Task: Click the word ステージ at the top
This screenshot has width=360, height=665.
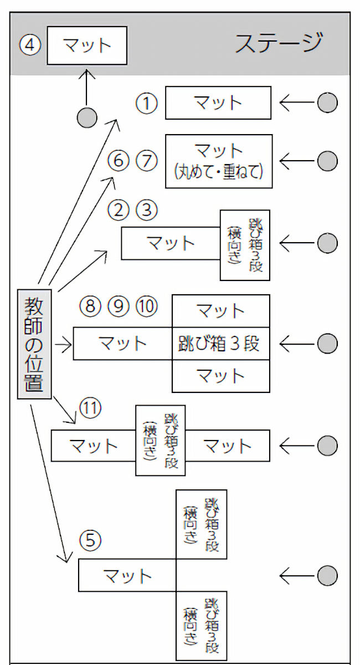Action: pyautogui.click(x=279, y=43)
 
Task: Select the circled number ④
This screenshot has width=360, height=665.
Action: pyautogui.click(x=30, y=44)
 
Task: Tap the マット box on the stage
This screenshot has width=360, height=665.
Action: pyautogui.click(x=87, y=45)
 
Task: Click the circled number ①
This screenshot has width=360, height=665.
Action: pyautogui.click(x=147, y=103)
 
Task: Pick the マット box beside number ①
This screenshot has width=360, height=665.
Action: pyautogui.click(x=218, y=103)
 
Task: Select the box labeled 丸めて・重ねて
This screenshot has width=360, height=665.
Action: pyautogui.click(x=219, y=161)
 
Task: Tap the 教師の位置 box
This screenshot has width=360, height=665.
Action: pyautogui.click(x=34, y=344)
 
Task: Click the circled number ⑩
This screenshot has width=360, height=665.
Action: pyautogui.click(x=147, y=305)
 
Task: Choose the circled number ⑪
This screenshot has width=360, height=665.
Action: pyautogui.click(x=90, y=409)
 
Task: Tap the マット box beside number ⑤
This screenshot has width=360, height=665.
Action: pyautogui.click(x=127, y=575)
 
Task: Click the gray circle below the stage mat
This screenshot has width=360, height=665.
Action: pyautogui.click(x=86, y=117)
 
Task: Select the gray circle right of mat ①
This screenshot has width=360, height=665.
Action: pyautogui.click(x=327, y=103)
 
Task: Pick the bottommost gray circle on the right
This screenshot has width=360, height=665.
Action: pyautogui.click(x=327, y=576)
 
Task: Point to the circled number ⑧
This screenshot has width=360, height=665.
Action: pyautogui.click(x=90, y=305)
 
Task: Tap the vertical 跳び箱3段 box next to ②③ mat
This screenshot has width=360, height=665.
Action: pyautogui.click(x=245, y=244)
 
